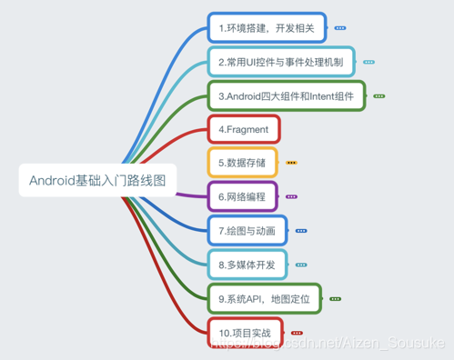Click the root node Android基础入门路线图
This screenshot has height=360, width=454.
[96, 179]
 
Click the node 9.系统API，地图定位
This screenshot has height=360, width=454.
[264, 298]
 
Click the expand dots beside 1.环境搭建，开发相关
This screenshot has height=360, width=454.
[340, 29]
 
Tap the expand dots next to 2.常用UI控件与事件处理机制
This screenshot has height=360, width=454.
[368, 63]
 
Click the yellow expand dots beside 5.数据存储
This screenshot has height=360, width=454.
[291, 163]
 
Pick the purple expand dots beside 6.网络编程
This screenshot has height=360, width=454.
[291, 196]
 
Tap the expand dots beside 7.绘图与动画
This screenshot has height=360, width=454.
[301, 231]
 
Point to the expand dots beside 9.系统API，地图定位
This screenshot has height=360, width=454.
[335, 298]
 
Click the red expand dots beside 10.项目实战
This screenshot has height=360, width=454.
[297, 334]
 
